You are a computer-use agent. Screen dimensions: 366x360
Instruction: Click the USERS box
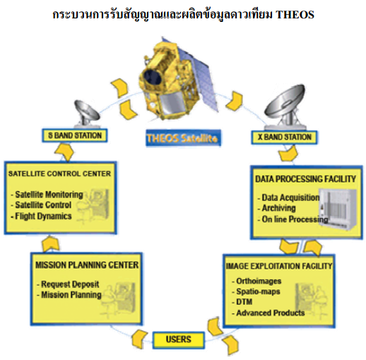179,339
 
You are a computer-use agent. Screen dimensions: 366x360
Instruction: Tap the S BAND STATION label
75,136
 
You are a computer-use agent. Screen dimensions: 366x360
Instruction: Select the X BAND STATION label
284,137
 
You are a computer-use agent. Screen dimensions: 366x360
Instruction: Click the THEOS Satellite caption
183,138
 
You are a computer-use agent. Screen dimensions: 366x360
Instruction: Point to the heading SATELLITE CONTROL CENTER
59,174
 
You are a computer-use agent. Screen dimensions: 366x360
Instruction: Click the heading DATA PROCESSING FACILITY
305,179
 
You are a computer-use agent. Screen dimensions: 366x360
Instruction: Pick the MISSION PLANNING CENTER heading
87,265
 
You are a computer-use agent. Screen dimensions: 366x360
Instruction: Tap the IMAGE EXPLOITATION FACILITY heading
279,266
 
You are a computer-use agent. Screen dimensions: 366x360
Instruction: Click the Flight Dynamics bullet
41,216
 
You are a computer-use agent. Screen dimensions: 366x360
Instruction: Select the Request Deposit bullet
68,284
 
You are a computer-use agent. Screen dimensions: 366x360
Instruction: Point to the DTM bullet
242,302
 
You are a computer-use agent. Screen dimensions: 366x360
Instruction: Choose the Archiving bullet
276,208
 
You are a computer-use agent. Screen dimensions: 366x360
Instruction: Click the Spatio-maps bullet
256,291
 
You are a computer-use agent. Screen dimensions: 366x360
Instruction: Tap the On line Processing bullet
293,219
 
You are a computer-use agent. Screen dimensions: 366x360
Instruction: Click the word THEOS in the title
295,14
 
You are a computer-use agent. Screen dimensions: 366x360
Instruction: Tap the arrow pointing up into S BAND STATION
64,152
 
